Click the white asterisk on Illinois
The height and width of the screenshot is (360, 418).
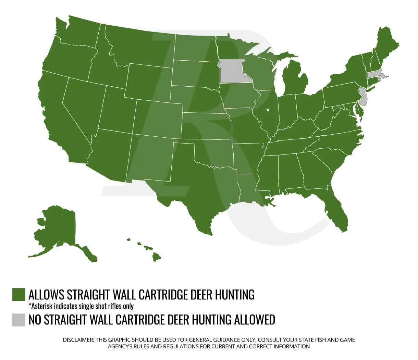268,110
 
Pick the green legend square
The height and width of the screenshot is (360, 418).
19,295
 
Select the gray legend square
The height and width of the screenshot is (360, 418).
19,320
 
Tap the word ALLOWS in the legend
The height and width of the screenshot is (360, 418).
46,295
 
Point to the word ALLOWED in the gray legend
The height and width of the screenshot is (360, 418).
255,320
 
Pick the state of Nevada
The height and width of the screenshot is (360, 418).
82,103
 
